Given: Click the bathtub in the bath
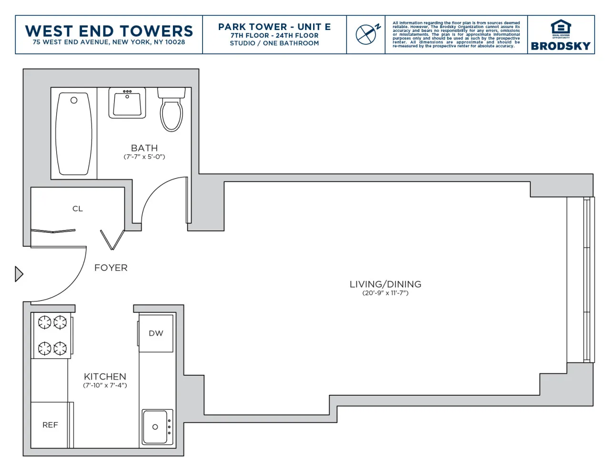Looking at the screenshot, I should (x=73, y=134).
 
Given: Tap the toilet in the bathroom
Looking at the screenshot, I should (x=171, y=112).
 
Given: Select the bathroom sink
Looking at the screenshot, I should (x=127, y=104).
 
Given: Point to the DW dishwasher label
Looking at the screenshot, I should (x=156, y=333).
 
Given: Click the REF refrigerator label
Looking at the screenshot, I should (x=50, y=425).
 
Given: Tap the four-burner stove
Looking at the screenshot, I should (x=52, y=335).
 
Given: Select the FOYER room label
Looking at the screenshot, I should (x=111, y=268).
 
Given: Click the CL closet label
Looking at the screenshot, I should (x=78, y=209).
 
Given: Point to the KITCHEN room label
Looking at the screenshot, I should (x=105, y=376).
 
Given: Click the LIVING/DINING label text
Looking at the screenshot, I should (x=385, y=284).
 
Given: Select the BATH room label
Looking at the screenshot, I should (x=144, y=148).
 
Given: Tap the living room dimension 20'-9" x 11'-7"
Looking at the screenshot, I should (x=385, y=293).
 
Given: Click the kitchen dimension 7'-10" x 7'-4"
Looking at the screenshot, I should (x=105, y=385).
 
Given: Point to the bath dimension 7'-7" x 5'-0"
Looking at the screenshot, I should (x=144, y=157).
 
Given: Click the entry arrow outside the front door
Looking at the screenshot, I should (x=19, y=274).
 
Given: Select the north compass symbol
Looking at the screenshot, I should (x=367, y=34).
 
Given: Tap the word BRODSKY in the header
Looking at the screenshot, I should (x=560, y=46).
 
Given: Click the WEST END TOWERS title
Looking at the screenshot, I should (x=109, y=31).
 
